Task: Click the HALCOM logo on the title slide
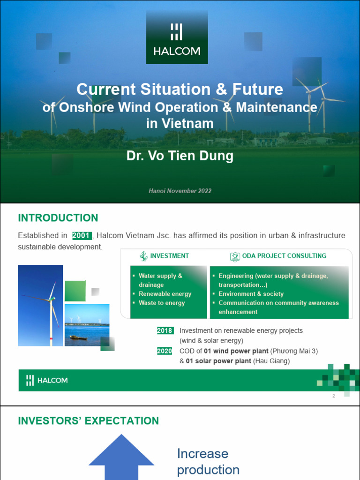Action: [177, 38]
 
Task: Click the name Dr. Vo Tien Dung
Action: [180, 156]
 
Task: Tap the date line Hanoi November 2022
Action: [180, 191]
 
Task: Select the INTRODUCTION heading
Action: [58, 218]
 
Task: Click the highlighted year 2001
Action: [82, 235]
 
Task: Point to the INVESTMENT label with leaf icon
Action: [164, 256]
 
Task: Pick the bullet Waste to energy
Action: [161, 303]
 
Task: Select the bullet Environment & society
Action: [251, 294]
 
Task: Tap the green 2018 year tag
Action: [165, 330]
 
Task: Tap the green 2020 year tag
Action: [165, 351]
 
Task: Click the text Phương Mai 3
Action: [299, 351]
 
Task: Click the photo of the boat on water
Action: [87, 325]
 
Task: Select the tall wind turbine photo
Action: [40, 306]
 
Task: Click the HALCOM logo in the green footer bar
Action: [47, 380]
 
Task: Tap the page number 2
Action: [334, 396]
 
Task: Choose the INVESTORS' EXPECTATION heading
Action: [88, 420]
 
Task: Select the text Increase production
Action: [208, 462]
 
